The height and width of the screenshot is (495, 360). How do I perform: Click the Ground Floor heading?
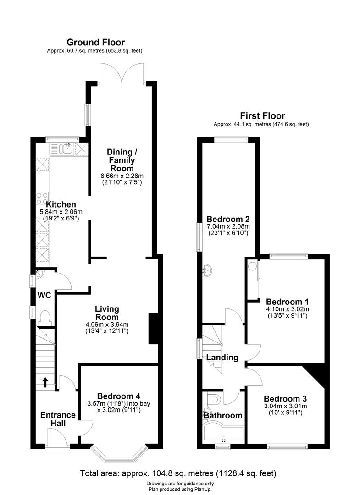pyautogui.click(x=96, y=43)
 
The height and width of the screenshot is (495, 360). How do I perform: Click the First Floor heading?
pyautogui.click(x=261, y=116)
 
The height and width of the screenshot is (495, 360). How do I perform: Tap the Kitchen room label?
pyautogui.click(x=61, y=204)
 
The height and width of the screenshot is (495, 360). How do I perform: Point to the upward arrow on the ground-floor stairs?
pyautogui.click(x=45, y=382)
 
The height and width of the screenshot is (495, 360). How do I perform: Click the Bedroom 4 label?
pyautogui.click(x=118, y=396)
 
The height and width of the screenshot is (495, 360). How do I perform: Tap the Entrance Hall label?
pyautogui.click(x=58, y=419)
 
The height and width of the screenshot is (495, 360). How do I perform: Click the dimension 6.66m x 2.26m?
pyautogui.click(x=122, y=176)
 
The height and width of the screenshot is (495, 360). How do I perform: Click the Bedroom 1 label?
pyautogui.click(x=287, y=302)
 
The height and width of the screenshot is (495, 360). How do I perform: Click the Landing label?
pyautogui.click(x=222, y=357)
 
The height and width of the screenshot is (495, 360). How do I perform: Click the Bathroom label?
pyautogui.click(x=223, y=415)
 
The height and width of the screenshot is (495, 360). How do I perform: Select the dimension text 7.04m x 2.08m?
pyautogui.click(x=228, y=226)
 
